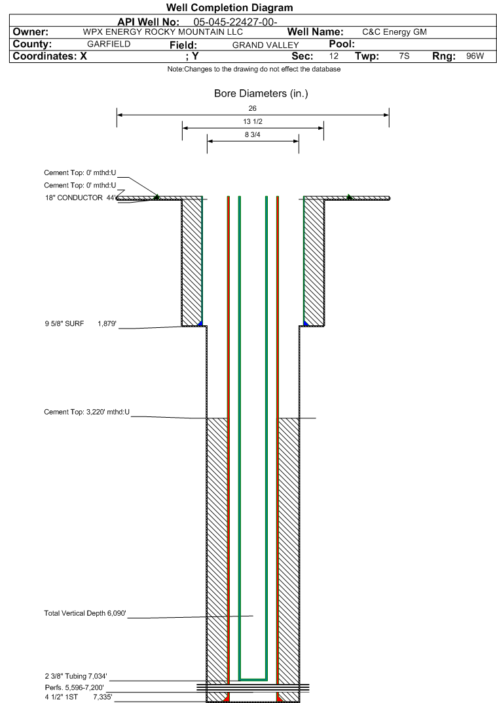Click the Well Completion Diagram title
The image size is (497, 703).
click(230, 8)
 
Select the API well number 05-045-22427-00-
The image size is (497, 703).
click(235, 22)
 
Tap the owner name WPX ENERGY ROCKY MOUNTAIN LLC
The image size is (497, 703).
click(163, 32)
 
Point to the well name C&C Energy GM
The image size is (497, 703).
click(394, 32)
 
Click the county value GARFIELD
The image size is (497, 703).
click(109, 44)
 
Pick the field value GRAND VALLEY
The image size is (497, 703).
click(265, 45)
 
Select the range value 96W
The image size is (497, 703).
click(475, 56)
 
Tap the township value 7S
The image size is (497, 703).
click(404, 56)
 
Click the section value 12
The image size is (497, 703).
click(334, 56)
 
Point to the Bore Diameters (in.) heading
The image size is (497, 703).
click(261, 93)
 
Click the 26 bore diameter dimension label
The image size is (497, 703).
click(253, 108)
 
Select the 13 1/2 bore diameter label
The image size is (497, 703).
click(253, 121)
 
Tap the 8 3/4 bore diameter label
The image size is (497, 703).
click(253, 134)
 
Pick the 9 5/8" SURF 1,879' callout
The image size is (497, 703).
click(81, 324)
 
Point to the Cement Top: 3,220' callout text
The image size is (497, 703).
click(87, 412)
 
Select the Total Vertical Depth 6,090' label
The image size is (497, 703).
click(85, 613)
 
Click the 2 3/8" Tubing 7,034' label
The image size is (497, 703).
click(76, 677)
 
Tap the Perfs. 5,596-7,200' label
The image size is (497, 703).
click(75, 688)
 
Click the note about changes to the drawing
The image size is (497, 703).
click(254, 69)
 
